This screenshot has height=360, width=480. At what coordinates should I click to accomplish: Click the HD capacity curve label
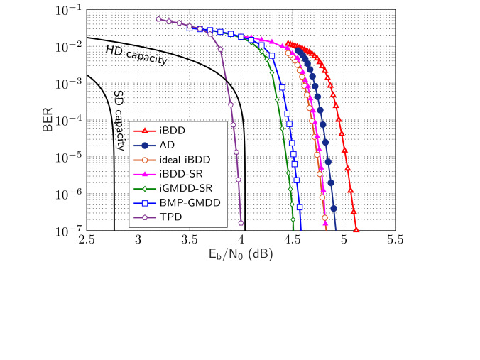tap(136, 55)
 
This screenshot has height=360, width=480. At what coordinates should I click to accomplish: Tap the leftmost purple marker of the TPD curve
tap(158, 19)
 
